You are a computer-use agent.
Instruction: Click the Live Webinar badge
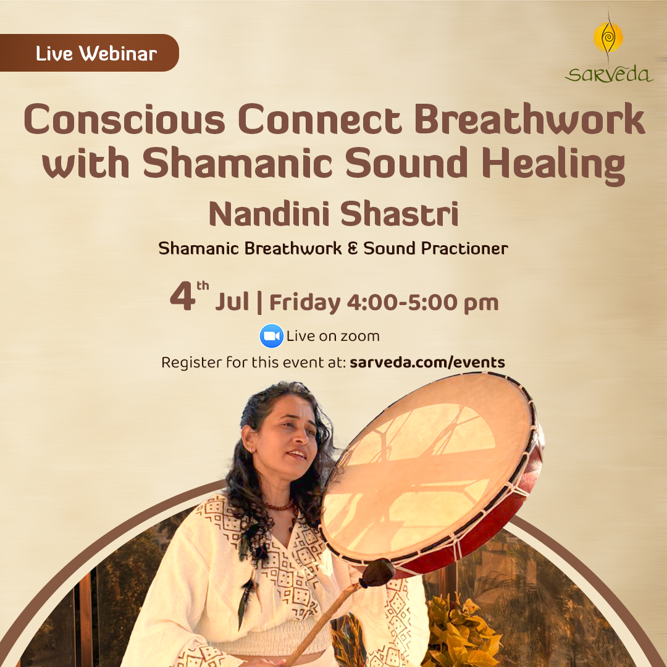[x=90, y=52]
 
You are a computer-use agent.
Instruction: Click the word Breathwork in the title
[x=530, y=119]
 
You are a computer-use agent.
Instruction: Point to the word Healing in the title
[x=553, y=166]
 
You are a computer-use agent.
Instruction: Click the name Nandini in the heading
[x=269, y=214]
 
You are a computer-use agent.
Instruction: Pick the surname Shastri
[x=399, y=214]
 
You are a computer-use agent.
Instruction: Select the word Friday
[x=305, y=303]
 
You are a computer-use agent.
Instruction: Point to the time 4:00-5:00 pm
[x=422, y=303]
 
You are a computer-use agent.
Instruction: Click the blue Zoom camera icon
[x=271, y=336]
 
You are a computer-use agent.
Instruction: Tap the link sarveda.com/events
[x=427, y=363]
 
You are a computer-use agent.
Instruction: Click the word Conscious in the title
[x=124, y=119]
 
